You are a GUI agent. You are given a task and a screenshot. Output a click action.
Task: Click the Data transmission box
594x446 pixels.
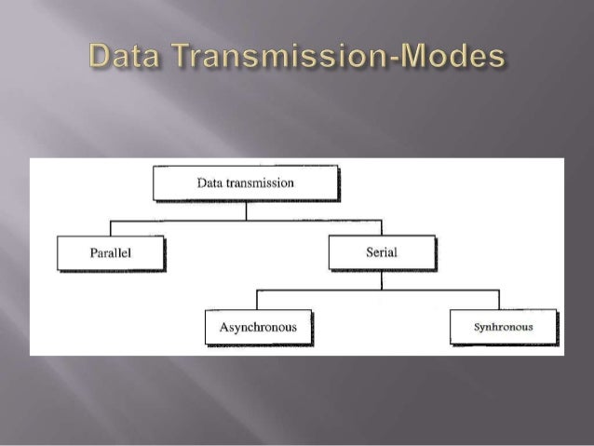click(245, 183)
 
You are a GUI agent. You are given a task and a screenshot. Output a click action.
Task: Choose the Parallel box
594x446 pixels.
click(110, 252)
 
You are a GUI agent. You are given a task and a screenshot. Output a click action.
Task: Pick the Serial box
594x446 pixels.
click(381, 252)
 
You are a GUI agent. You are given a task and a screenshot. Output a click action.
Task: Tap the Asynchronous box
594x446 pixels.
click(258, 327)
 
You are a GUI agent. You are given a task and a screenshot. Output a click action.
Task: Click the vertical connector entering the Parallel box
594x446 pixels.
click(111, 228)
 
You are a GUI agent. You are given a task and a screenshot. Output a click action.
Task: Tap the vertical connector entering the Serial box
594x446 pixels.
click(382, 228)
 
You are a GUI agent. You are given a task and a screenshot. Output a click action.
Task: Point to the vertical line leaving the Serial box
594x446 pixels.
click(382, 280)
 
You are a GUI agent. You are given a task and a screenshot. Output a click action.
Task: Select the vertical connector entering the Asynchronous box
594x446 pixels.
click(257, 300)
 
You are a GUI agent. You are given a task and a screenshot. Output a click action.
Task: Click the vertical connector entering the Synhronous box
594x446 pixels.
click(499, 300)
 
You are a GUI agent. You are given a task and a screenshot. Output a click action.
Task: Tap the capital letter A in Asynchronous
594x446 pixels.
click(223, 328)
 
